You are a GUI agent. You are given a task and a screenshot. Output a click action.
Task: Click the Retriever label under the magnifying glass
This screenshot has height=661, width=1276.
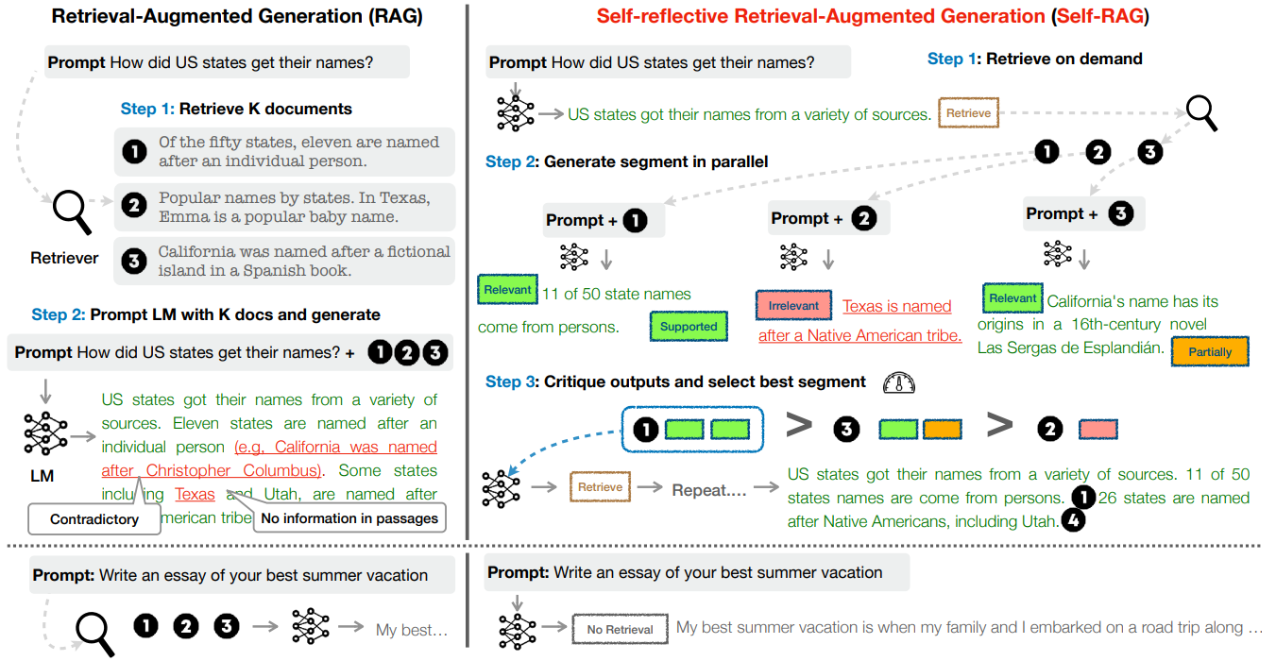64,258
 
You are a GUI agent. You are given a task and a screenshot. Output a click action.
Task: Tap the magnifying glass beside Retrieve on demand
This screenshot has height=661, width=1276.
1201,113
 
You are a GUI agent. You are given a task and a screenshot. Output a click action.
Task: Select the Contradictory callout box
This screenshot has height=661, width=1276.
94,518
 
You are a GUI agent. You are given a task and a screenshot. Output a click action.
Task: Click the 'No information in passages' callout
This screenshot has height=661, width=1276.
349,517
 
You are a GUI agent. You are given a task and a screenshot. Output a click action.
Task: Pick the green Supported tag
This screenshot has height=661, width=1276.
689,327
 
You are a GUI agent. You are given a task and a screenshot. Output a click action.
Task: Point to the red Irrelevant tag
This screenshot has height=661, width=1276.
793,306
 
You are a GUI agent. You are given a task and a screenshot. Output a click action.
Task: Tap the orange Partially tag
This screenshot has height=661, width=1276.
1210,352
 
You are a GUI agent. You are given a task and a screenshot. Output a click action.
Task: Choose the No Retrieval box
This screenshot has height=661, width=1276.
620,629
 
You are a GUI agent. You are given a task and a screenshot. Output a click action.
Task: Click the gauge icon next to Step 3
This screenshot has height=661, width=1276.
898,382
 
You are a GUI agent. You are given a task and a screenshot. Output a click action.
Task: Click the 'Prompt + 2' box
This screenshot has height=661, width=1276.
824,219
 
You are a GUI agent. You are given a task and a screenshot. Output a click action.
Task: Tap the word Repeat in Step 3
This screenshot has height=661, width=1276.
709,490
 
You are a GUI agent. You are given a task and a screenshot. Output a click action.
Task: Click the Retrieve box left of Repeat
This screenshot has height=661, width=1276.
600,487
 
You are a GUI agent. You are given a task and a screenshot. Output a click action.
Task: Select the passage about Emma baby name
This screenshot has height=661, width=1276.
292,208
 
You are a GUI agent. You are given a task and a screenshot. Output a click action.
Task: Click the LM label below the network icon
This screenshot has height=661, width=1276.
42,476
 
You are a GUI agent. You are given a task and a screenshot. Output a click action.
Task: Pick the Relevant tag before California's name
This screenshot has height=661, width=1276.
1012,298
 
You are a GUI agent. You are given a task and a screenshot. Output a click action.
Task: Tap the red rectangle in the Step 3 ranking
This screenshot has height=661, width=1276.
1098,430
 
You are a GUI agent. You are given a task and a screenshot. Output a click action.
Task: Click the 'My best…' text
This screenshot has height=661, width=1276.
411,630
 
